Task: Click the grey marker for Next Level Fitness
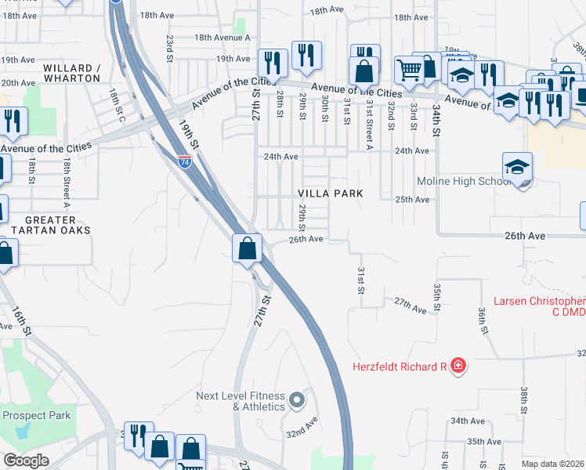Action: pyautogui.click(x=296, y=401)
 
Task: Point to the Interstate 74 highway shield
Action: pyautogui.click(x=184, y=162)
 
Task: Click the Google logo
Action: pyautogui.click(x=25, y=460)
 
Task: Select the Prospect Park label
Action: pyautogui.click(x=37, y=415)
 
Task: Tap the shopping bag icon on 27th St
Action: pyautogui.click(x=247, y=248)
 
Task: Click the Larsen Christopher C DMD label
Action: pyautogui.click(x=540, y=306)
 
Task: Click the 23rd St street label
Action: pyautogui.click(x=169, y=48)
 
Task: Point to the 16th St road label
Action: pyautogui.click(x=22, y=321)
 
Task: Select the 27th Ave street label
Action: pyautogui.click(x=411, y=305)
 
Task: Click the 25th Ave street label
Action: pyautogui.click(x=412, y=200)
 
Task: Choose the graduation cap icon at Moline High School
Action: pyautogui.click(x=517, y=167)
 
